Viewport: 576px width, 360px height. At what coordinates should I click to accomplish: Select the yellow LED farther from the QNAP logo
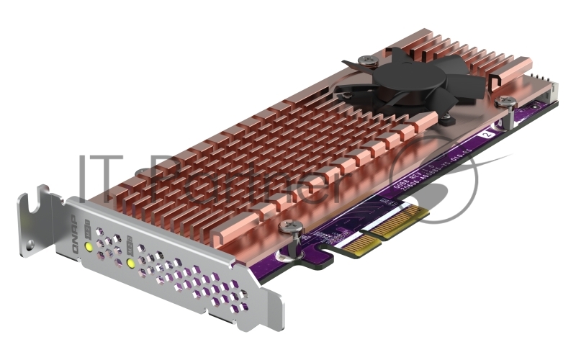[x=131, y=263]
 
